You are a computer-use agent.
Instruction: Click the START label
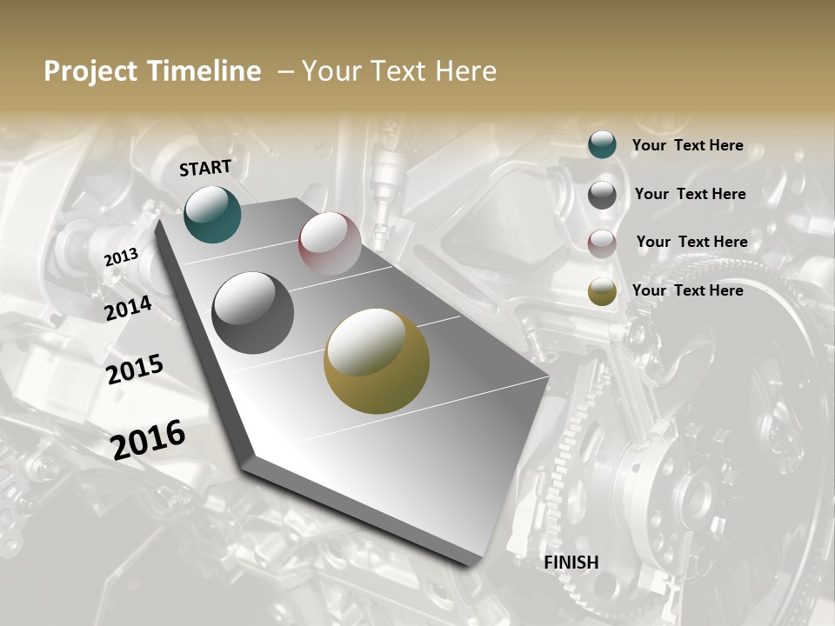pos(205,168)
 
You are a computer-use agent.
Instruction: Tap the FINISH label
pos(571,563)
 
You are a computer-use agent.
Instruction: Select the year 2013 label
pos(122,257)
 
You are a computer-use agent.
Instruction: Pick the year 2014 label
pos(129,309)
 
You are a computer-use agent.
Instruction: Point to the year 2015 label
pos(135,370)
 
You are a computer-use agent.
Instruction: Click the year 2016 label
pos(149,439)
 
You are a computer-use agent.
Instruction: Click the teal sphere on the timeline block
pos(212,214)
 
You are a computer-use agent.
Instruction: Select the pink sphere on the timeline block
pos(330,243)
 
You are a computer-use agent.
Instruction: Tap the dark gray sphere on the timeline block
pos(253,313)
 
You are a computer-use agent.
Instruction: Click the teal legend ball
pos(602,144)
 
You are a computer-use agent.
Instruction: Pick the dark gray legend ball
pos(602,194)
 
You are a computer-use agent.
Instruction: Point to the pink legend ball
pos(602,243)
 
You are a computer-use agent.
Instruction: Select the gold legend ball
pos(602,291)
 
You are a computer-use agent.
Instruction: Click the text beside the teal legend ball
pos(687,145)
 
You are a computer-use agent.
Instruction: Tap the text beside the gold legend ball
pos(687,290)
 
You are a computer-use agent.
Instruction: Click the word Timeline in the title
pos(206,71)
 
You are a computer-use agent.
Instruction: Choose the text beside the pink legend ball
pos(691,242)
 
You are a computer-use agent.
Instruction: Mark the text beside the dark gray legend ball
pos(690,194)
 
